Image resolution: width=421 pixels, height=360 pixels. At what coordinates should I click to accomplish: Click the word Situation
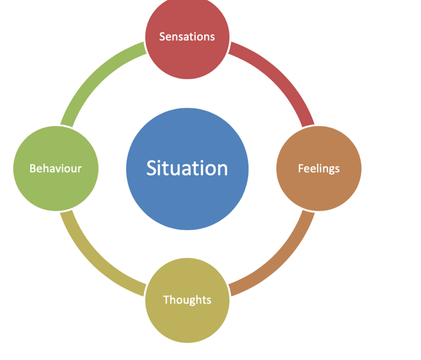click(x=187, y=168)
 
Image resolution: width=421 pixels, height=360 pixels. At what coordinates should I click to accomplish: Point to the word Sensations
click(x=187, y=37)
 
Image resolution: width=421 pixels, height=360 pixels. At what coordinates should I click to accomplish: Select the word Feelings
click(x=319, y=169)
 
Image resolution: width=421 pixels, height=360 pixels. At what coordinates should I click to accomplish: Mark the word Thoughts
click(x=187, y=300)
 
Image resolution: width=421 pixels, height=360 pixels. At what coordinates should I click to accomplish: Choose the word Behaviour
click(x=55, y=169)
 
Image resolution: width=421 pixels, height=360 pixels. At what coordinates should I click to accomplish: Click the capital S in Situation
click(x=152, y=168)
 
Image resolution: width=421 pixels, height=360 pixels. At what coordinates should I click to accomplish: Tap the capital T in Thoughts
click(x=166, y=300)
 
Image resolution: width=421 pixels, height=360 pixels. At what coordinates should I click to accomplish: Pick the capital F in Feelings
click(x=300, y=169)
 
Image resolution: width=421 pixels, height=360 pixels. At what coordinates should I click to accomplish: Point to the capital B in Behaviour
click(x=33, y=169)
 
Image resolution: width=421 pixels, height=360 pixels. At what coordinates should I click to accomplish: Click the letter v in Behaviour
click(x=59, y=169)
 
